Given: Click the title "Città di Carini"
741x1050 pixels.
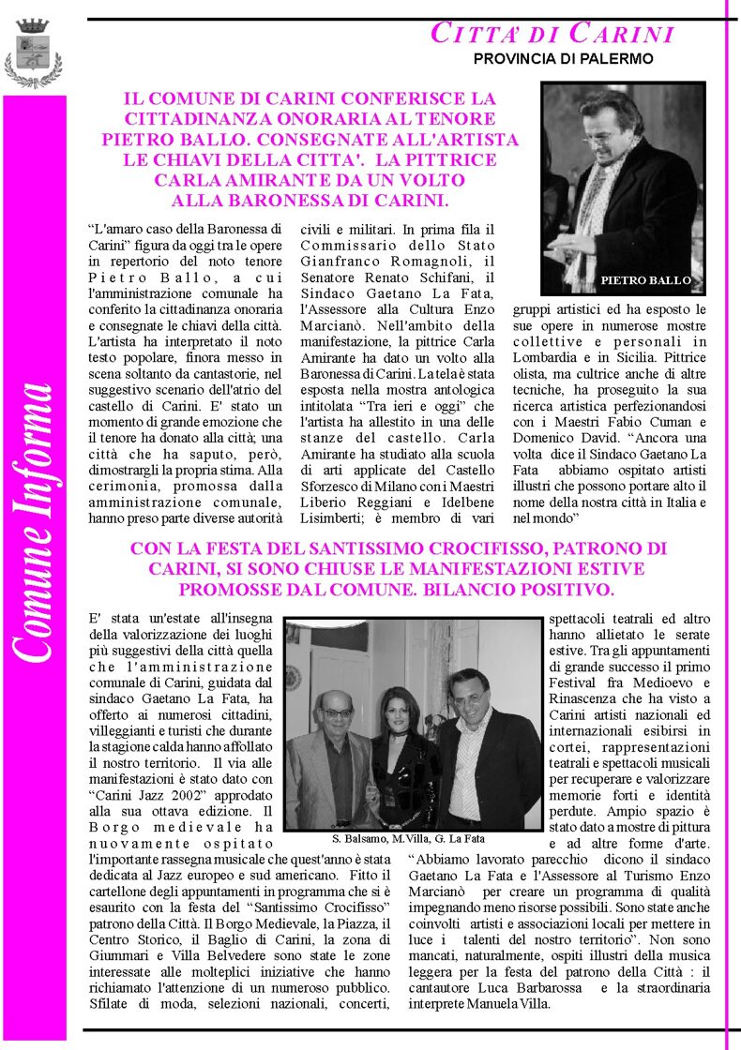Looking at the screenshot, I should tap(552, 34).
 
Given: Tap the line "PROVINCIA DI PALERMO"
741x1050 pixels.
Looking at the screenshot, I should tap(563, 58).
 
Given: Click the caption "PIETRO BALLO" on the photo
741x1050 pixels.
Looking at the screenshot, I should tap(645, 280).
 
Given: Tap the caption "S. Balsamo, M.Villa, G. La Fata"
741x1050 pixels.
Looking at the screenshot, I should tap(408, 838).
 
